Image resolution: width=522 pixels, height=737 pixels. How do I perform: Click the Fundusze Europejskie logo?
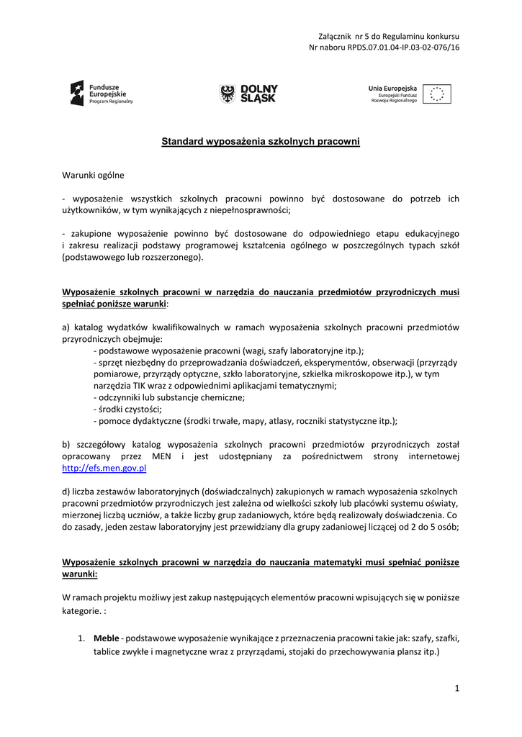(x=102, y=94)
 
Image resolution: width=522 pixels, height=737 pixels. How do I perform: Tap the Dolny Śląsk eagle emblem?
(x=228, y=94)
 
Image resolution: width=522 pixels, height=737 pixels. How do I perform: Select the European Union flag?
(x=437, y=94)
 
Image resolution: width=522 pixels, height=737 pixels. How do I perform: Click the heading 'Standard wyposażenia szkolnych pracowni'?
(x=260, y=142)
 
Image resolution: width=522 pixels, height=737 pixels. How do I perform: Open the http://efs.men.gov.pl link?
(x=104, y=468)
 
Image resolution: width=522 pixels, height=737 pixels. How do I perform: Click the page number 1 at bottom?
(x=456, y=689)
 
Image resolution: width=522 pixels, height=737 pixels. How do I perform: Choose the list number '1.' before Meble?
(x=82, y=638)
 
